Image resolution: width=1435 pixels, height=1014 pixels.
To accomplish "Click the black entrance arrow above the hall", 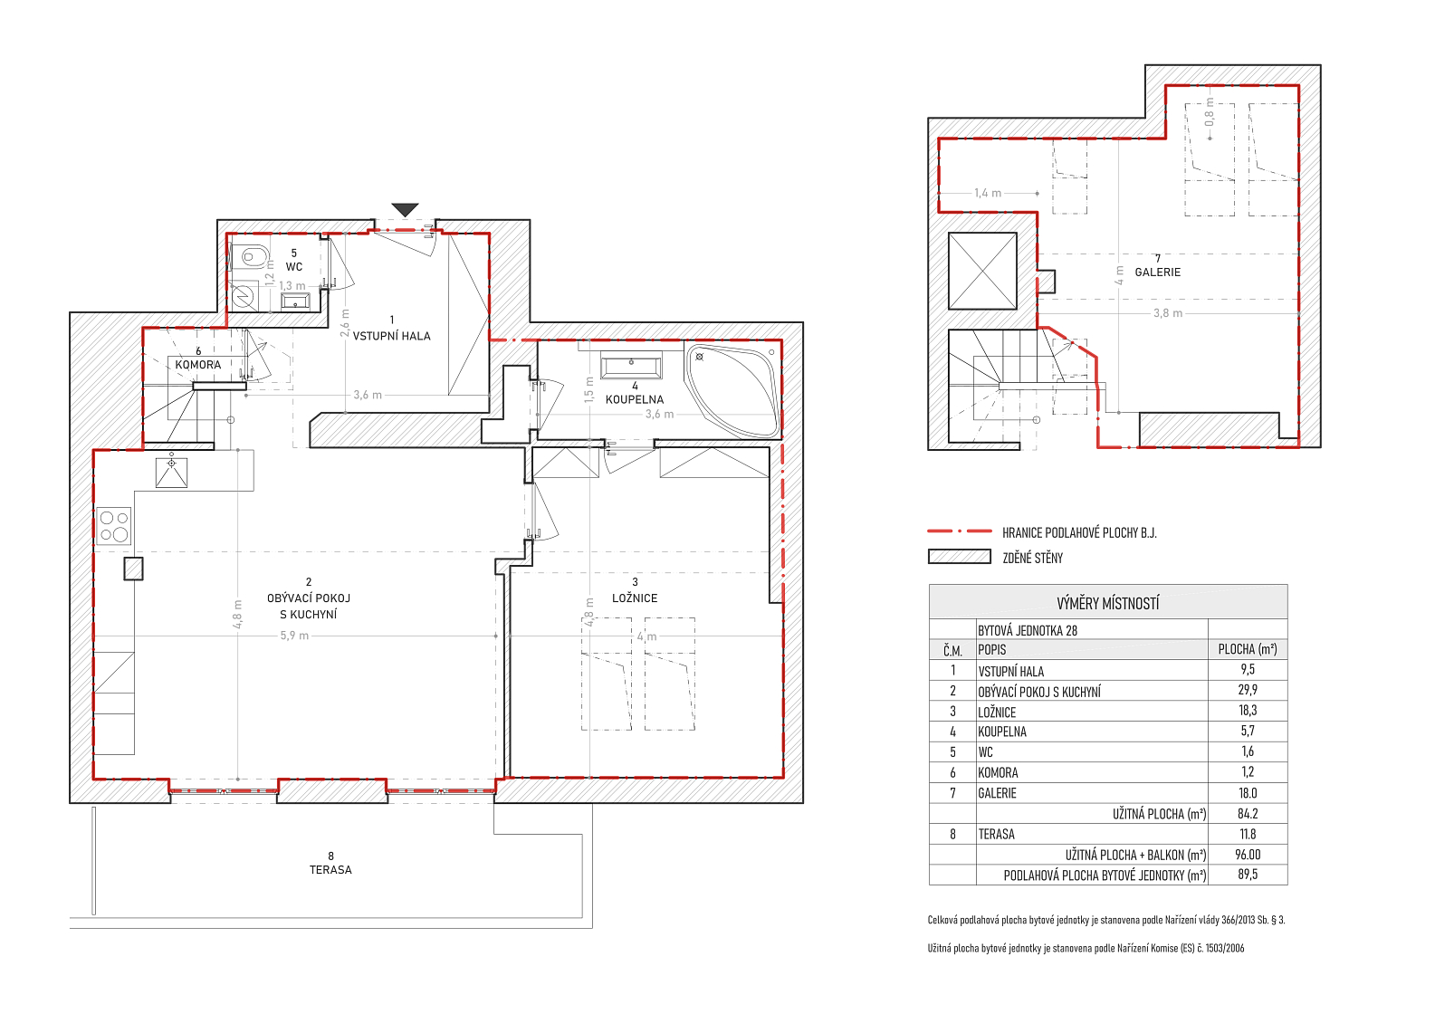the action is coord(405,209).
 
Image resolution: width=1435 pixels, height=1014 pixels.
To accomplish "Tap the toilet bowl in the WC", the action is coord(251,257).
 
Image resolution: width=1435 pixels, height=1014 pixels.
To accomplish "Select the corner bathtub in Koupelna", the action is coord(733,391).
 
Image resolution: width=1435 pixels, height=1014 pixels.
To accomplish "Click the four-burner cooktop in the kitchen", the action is coord(114,526).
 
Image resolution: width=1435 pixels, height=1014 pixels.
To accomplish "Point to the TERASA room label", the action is coord(330,870).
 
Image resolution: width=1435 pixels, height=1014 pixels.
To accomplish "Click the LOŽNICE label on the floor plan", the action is coord(635,598).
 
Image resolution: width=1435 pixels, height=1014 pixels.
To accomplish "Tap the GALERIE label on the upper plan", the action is coord(1158,273).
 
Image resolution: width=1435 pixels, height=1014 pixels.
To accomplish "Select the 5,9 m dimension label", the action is coord(294,636).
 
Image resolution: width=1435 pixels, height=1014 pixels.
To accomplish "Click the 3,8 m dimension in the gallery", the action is coord(1168,313).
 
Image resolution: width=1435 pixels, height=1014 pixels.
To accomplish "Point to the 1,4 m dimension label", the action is coord(988,193).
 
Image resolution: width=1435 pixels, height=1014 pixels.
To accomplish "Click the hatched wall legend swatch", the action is coord(960,557).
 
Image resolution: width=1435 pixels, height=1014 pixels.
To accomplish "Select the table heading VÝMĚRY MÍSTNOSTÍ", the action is coord(1107,603).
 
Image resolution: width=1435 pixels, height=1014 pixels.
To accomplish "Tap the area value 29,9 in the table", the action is coord(1248,690).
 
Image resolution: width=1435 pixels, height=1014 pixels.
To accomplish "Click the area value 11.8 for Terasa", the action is coord(1248,834).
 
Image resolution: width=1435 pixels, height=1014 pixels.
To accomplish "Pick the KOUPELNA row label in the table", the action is coord(1002,732).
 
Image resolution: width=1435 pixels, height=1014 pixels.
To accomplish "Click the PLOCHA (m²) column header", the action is coord(1248,649).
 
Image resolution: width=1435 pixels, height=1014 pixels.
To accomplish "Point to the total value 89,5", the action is coord(1248,875).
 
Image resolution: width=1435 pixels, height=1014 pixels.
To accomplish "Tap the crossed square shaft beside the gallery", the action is coord(982,271).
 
